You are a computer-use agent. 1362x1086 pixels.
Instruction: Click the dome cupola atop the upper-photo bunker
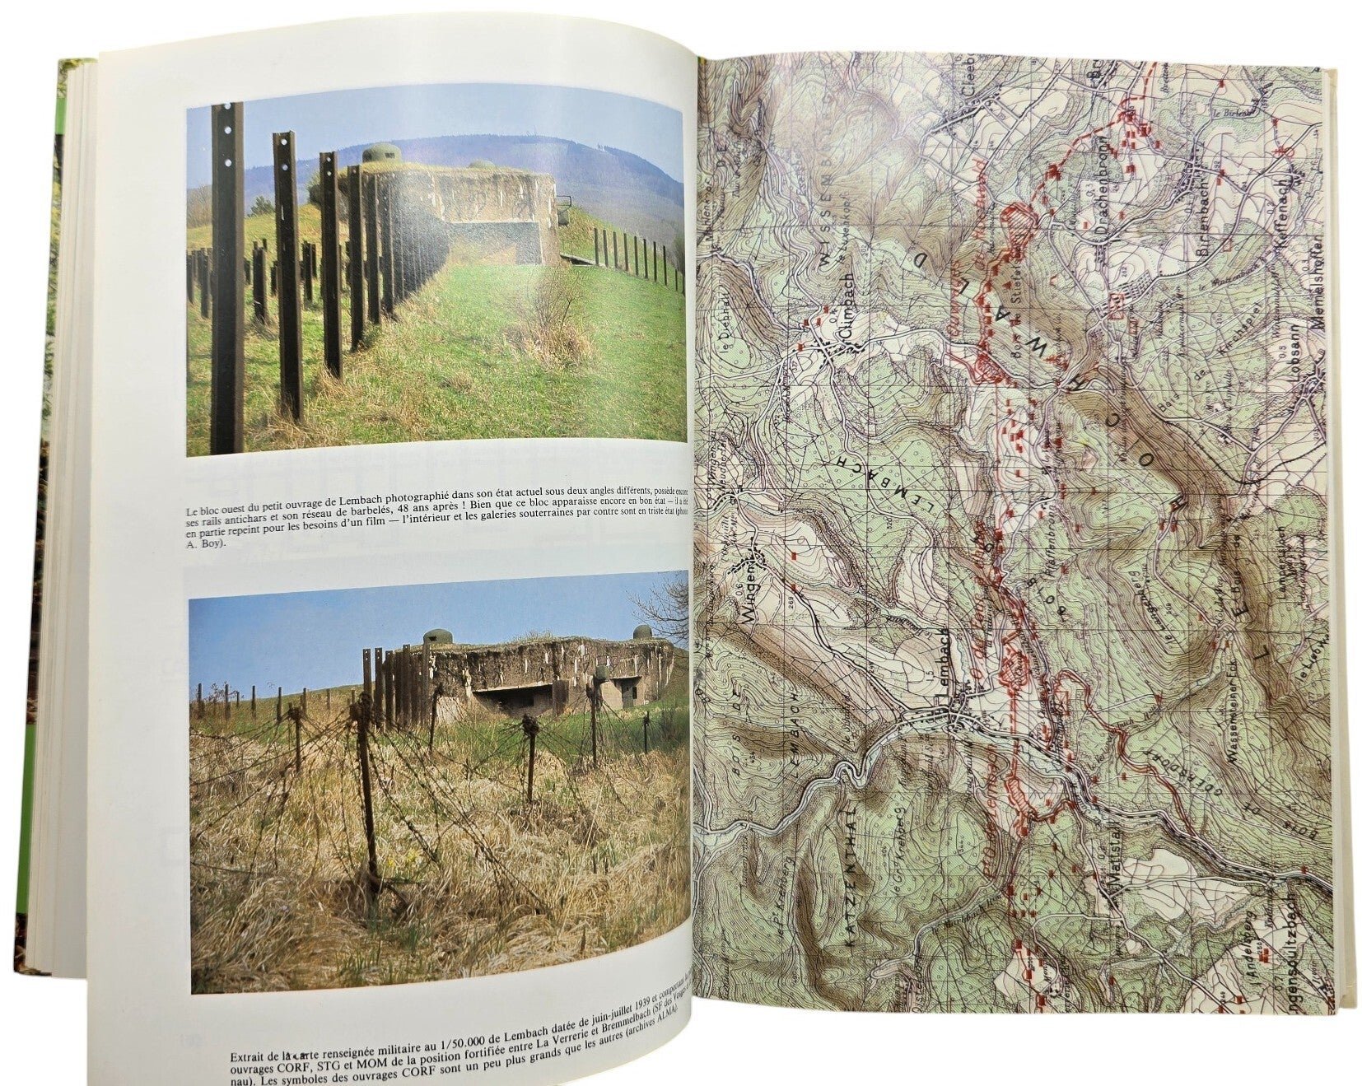[380, 152]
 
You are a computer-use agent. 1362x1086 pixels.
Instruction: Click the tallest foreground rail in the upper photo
[226, 280]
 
